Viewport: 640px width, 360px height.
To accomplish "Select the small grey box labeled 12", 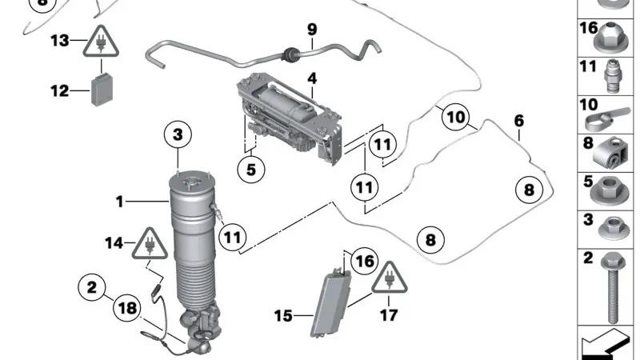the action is (x=102, y=89).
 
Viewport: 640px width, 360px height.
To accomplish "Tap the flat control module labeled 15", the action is (x=330, y=303).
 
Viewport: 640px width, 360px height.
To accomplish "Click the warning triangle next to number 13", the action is (x=101, y=42).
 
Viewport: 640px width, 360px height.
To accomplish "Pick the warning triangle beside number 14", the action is (x=150, y=244).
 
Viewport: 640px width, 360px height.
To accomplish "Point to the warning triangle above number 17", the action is (x=390, y=278).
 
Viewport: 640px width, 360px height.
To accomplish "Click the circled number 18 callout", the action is (x=127, y=308).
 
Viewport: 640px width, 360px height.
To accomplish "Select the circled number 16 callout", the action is (x=365, y=261).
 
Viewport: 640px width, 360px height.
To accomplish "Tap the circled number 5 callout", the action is (x=251, y=169).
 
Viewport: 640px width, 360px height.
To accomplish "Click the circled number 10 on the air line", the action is (x=455, y=118).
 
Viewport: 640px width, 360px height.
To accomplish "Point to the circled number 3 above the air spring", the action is (x=178, y=134).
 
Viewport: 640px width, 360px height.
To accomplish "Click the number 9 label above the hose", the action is (x=312, y=30).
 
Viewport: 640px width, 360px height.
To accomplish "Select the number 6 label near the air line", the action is (x=518, y=121).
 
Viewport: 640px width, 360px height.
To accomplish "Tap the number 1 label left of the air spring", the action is (x=119, y=202).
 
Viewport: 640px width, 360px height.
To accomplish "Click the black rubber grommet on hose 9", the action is (x=290, y=54).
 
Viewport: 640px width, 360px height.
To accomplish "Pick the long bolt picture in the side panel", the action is (x=611, y=287).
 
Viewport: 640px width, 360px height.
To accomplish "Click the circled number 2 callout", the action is (x=92, y=287).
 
